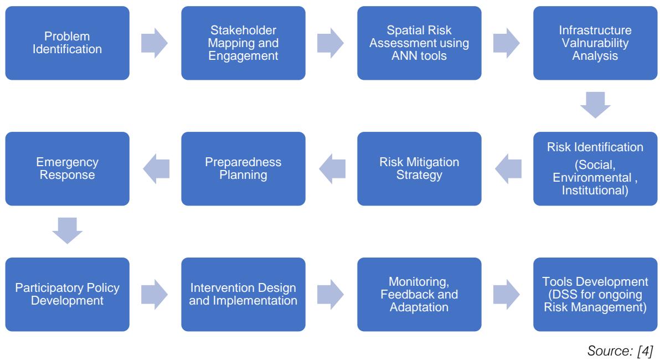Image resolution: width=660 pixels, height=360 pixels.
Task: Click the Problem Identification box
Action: [x=67, y=43]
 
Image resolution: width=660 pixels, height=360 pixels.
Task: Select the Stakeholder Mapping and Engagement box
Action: [x=243, y=43]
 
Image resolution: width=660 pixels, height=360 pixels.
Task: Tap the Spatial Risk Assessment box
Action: [x=419, y=43]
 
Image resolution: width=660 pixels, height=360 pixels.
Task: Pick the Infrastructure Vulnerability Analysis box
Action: [x=595, y=43]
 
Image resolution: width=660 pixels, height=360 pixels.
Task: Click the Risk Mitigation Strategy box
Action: [x=419, y=168]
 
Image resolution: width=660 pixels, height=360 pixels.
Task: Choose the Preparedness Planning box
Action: [x=243, y=168]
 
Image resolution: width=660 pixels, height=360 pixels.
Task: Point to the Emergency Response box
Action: [x=67, y=168]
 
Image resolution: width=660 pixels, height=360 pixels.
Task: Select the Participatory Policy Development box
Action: [x=67, y=294]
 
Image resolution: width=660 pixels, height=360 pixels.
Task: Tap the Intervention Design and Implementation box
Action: [x=243, y=294]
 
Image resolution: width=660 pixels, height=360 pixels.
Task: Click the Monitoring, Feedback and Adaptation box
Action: [x=419, y=294]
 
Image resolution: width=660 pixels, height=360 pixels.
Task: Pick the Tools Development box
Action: [x=595, y=294]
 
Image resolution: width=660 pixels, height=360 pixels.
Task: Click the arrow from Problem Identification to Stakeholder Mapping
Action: [x=154, y=43]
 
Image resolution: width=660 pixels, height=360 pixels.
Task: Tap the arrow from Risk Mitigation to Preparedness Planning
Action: [x=331, y=168]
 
